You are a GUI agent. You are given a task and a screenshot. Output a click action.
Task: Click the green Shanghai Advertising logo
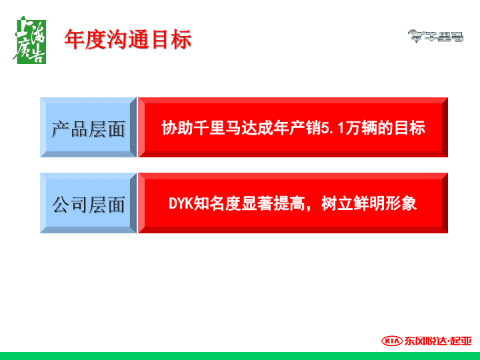[x=30, y=40]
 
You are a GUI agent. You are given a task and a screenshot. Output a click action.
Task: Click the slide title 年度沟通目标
[x=128, y=39]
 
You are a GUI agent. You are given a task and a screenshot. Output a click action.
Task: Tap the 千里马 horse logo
[x=435, y=36]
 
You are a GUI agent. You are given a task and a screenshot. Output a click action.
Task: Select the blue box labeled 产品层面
[x=88, y=127]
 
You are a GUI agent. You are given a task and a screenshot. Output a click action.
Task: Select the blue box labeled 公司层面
[x=88, y=203]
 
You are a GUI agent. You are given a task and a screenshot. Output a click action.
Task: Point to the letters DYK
[x=181, y=203]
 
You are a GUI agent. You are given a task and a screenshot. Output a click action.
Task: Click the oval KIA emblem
[x=392, y=341]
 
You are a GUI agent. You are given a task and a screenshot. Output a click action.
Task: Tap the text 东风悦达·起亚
[x=438, y=341]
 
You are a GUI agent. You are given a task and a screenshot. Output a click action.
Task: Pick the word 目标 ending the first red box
[x=410, y=128]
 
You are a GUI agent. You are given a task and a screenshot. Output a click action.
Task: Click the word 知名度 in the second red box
[x=217, y=203]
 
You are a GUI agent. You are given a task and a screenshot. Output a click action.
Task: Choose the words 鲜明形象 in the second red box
[x=385, y=203]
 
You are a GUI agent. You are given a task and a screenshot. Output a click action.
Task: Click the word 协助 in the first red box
[x=177, y=128]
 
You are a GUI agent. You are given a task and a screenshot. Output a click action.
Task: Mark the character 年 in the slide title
[x=75, y=39]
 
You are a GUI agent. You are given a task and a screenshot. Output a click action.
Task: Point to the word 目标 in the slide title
[x=171, y=39]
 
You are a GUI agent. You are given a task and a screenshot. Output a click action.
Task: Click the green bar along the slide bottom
[x=240, y=356]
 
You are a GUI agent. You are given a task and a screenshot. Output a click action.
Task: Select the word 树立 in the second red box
[x=337, y=203]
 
